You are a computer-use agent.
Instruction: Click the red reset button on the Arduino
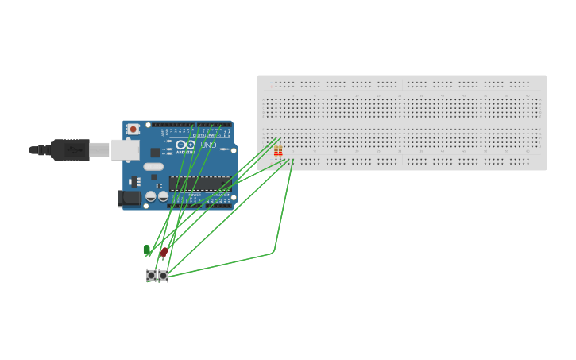click(133, 129)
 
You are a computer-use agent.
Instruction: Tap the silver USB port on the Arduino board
click(124, 149)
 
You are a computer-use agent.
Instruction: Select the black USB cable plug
click(70, 149)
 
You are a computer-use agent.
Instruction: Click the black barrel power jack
click(129, 198)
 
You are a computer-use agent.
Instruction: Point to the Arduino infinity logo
click(186, 145)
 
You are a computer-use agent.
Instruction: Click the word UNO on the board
click(207, 145)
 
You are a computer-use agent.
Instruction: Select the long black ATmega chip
click(199, 184)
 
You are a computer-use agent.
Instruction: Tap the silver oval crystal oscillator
click(153, 167)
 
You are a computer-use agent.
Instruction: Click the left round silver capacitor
click(151, 196)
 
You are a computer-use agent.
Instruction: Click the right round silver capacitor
click(163, 196)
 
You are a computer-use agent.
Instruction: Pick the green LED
click(147, 250)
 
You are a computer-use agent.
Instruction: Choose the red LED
click(164, 252)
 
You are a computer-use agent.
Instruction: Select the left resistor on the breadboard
click(276, 151)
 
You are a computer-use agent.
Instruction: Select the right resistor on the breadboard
click(280, 151)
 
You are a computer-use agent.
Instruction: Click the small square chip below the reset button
click(155, 152)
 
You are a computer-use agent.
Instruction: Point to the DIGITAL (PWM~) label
click(205, 135)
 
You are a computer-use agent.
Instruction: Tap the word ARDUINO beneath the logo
click(185, 152)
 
